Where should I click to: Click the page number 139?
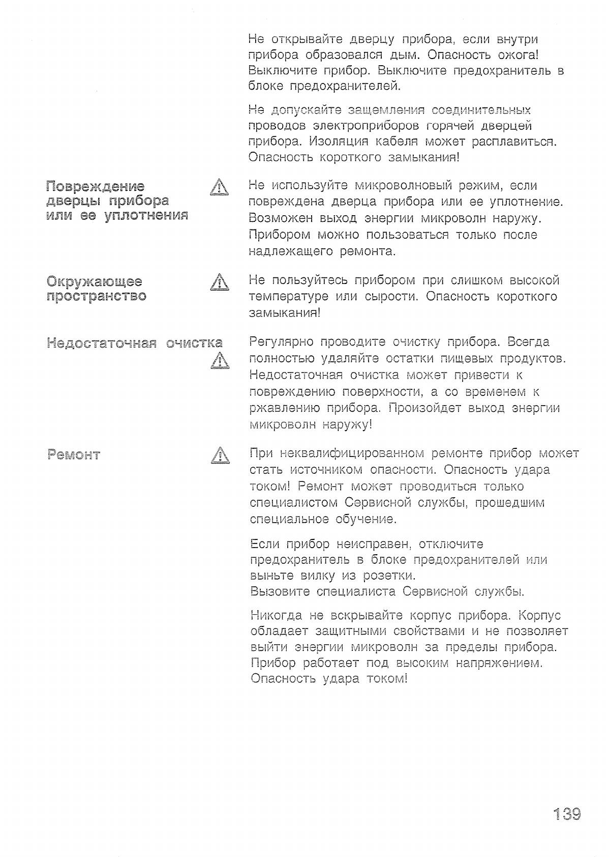566,814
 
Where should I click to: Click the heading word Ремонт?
73,455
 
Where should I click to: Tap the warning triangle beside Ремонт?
220,455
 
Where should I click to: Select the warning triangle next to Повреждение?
219,187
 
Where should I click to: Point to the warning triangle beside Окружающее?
219,282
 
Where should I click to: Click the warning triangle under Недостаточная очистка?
219,360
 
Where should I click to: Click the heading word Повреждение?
95,187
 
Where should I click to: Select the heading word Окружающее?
94,281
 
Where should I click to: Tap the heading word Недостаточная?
102,343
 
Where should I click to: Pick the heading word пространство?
96,296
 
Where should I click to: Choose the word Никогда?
276,615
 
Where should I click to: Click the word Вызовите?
280,591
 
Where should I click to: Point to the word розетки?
389,576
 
